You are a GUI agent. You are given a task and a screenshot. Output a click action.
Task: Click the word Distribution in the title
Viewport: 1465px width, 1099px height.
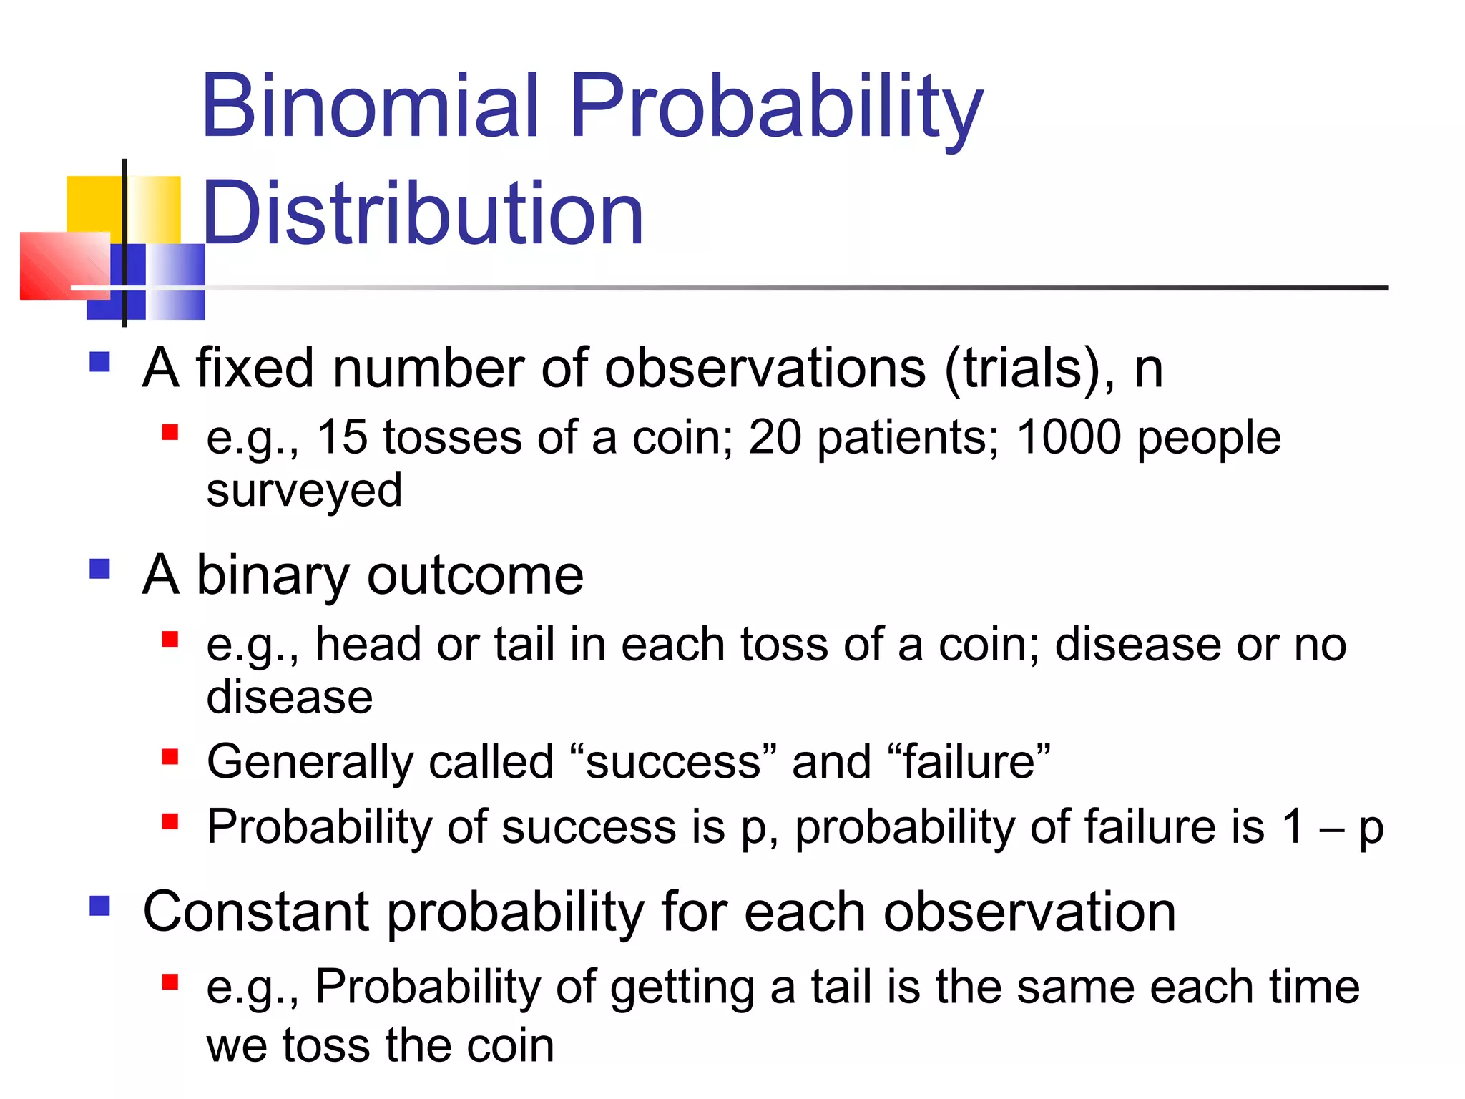[423, 213]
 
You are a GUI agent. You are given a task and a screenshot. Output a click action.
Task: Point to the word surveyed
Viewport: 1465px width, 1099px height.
[304, 491]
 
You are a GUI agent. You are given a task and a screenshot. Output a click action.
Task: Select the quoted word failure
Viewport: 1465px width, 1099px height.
[969, 761]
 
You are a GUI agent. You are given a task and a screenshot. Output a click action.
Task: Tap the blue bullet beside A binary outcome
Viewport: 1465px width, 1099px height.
[100, 570]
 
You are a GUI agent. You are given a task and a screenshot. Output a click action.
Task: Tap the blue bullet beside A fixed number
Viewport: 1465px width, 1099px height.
[100, 362]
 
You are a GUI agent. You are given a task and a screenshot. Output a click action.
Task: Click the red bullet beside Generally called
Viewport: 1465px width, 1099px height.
[170, 757]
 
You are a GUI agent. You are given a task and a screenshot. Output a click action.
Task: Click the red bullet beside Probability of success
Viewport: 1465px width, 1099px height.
[170, 821]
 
